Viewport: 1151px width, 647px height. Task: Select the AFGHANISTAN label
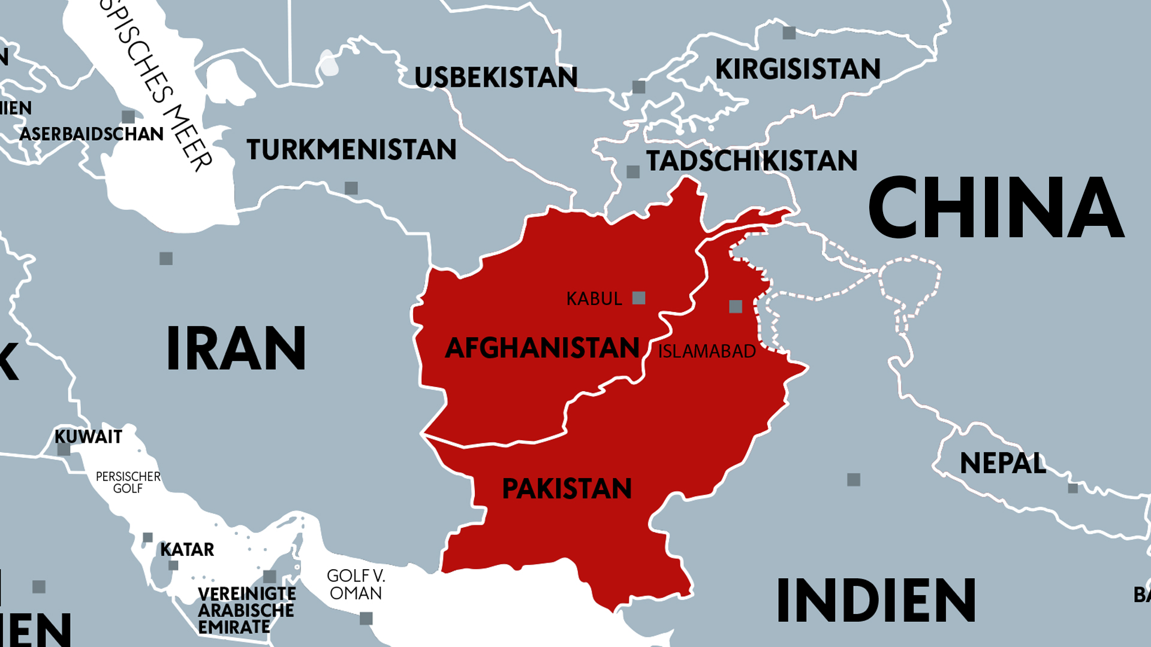(542, 348)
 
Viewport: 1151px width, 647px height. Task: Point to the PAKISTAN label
(567, 488)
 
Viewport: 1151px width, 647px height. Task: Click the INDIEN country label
(876, 600)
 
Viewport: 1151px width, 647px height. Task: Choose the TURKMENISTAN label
(351, 149)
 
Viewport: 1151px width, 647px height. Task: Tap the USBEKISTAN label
(496, 77)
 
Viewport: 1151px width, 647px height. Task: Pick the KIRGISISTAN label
(798, 69)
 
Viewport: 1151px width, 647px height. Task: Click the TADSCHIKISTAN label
(752, 161)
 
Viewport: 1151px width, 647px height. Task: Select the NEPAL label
(1002, 463)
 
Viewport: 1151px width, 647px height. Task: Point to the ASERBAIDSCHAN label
(91, 134)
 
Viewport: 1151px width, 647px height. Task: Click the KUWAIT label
(88, 437)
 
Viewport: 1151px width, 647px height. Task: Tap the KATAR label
(187, 549)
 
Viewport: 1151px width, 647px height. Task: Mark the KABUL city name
(594, 298)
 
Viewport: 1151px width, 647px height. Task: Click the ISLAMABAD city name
(707, 351)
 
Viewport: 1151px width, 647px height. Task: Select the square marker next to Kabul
(639, 298)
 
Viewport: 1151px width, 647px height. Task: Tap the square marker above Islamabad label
(736, 307)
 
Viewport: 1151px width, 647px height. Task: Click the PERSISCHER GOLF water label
(128, 482)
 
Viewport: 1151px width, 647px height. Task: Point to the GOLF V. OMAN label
(356, 584)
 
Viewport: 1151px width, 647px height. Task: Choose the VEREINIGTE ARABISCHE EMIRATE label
(246, 610)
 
